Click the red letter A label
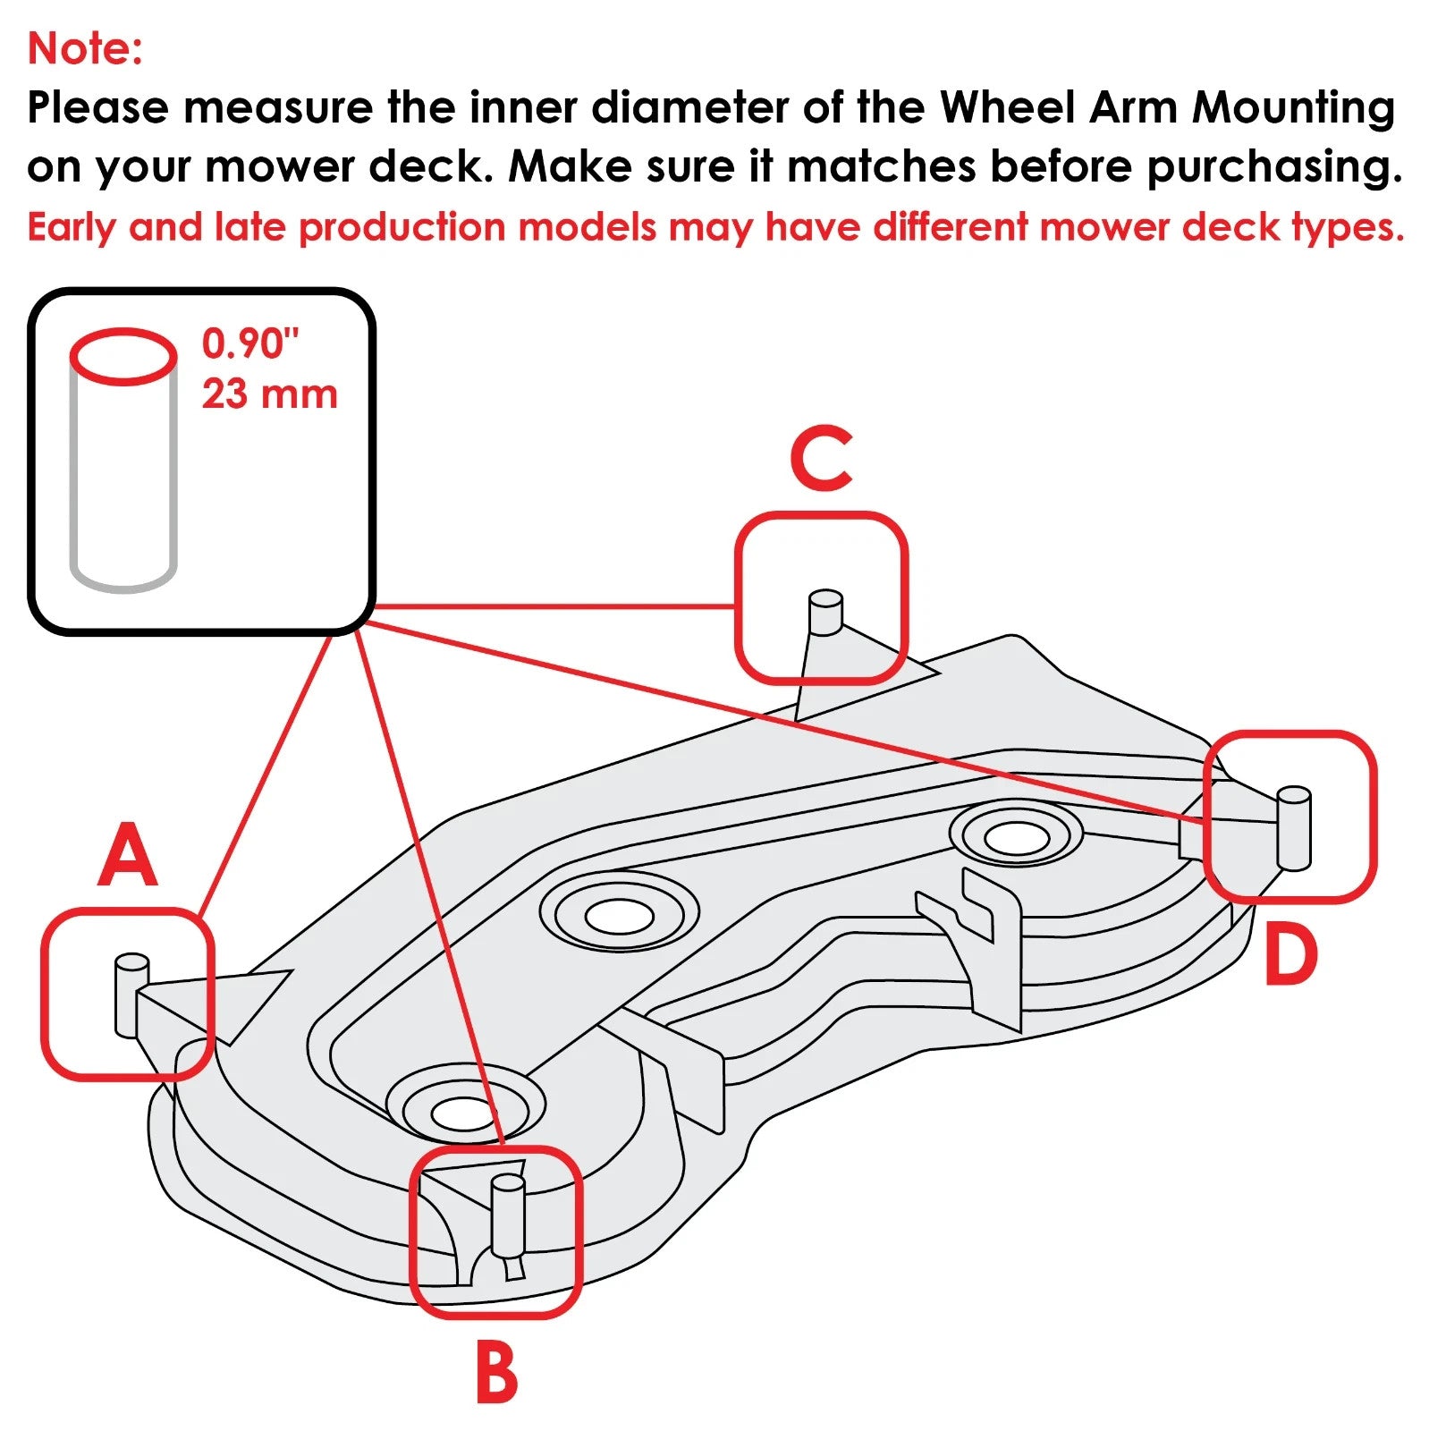pos(128,856)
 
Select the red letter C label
pos(821,458)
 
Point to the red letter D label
pos(1291,955)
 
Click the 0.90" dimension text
pos(250,343)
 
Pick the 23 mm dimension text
pos(269,394)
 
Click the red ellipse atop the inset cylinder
pos(123,357)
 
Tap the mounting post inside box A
pos(131,995)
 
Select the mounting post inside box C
pos(824,613)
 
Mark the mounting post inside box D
pos(1293,827)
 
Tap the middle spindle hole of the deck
pos(619,915)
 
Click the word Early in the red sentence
pos(72,228)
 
